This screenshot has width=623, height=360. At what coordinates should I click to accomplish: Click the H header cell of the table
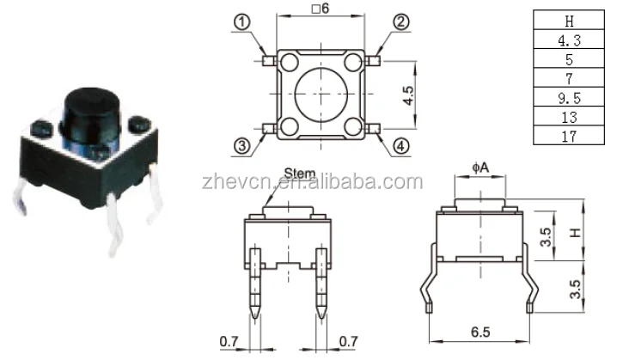568,21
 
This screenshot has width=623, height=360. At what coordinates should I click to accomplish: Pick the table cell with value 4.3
568,40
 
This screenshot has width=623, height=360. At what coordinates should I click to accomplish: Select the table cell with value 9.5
568,97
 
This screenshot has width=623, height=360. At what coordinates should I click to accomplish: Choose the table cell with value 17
568,136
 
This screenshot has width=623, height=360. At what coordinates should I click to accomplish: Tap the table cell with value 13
568,117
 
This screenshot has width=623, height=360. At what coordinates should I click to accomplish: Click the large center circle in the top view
323,96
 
